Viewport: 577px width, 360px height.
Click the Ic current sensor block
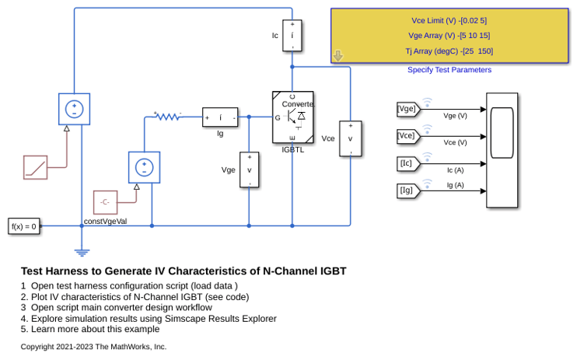point(292,35)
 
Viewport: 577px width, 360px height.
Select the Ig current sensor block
point(220,117)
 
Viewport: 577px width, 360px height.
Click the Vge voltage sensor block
point(249,170)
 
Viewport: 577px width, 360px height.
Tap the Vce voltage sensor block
point(350,138)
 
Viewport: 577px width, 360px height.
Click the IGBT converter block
point(293,117)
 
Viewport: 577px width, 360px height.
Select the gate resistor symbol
point(167,117)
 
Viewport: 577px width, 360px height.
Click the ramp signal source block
point(35,167)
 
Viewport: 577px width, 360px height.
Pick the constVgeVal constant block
point(105,202)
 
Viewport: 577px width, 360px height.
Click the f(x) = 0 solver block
point(24,226)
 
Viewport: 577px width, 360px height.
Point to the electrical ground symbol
point(82,253)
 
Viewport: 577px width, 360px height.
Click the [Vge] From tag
point(408,110)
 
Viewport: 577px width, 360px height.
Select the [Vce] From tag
point(408,136)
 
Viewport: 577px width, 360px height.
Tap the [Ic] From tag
point(408,163)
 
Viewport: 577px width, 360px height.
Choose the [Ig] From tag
point(408,190)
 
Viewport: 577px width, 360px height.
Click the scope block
point(502,150)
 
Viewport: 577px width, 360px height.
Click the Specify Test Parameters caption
point(449,70)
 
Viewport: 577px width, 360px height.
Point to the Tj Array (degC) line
point(449,51)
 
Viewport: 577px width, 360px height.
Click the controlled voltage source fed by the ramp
point(75,109)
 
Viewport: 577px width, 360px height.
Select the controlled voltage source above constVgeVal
point(145,167)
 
